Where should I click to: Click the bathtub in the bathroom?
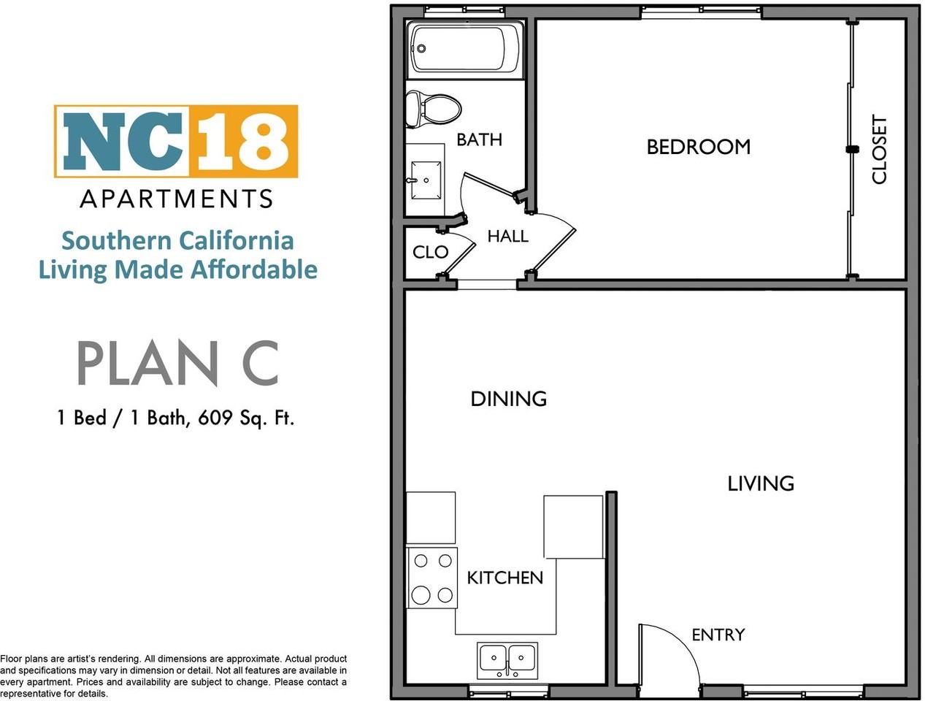465,49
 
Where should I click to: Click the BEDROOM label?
698,147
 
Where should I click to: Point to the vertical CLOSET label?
879,150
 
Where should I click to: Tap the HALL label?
507,236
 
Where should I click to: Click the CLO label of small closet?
430,252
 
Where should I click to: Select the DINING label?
508,399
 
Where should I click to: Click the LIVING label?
760,483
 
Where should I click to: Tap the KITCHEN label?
504,578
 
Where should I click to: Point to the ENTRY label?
718,635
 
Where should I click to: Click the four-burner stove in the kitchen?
431,578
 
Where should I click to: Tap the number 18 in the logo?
243,141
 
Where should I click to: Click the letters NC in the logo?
123,141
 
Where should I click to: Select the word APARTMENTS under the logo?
176,199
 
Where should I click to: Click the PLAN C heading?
177,364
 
